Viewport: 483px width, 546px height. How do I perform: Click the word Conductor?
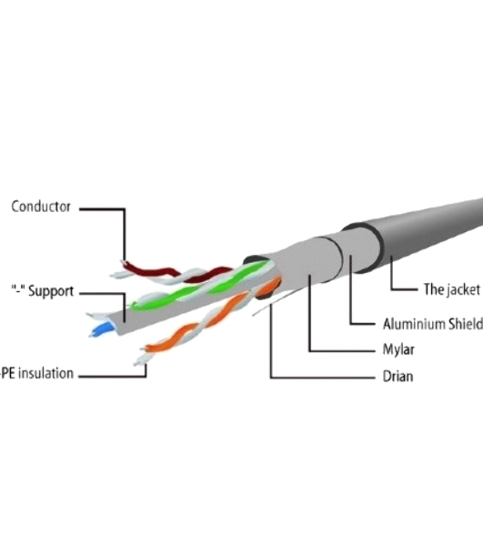coord(41,207)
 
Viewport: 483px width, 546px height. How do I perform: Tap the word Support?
coord(51,291)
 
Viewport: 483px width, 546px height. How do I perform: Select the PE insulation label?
coord(37,373)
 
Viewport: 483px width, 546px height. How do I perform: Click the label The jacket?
coord(452,289)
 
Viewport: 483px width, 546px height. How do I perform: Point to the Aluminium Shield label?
coord(433,324)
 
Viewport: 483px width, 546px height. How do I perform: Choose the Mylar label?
coord(398,349)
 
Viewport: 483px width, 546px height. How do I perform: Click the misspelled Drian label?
coord(397,377)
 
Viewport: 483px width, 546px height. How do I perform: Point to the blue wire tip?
coord(101,329)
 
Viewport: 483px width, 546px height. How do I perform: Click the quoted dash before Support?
coord(18,288)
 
